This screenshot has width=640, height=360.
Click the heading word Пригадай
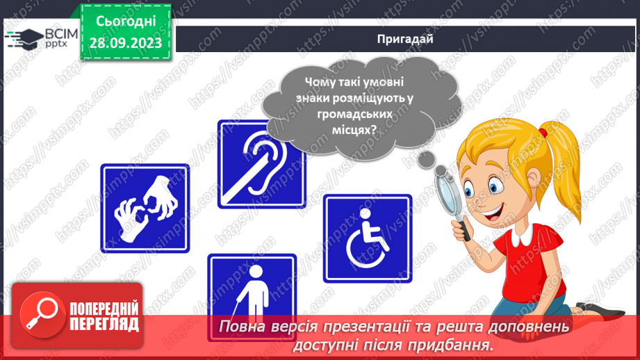[x=406, y=40]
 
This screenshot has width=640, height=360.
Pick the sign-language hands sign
[x=145, y=207]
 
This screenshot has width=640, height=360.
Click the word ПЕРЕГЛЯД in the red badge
[x=104, y=323]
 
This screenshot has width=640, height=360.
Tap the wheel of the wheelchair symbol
[x=366, y=245]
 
